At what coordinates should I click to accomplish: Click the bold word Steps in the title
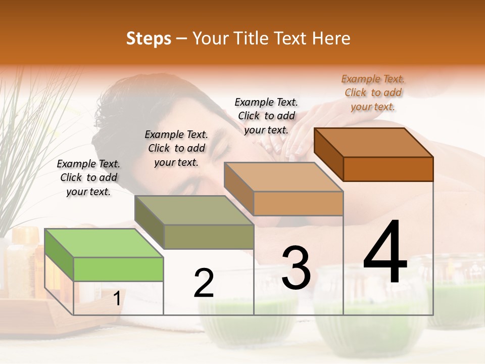[x=149, y=38]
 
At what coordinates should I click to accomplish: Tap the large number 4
[x=385, y=253]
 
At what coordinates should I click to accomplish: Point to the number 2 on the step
[x=204, y=283]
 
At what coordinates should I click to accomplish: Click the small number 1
[x=117, y=299]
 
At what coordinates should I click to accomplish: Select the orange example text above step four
[x=373, y=93]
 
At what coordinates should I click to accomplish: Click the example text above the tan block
[x=266, y=116]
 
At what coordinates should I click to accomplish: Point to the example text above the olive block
[x=176, y=149]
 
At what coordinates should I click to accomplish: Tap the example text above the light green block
[x=88, y=178]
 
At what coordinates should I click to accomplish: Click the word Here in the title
[x=331, y=38]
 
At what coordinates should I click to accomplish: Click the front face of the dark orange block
[x=388, y=169]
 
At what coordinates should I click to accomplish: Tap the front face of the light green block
[x=118, y=269]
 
